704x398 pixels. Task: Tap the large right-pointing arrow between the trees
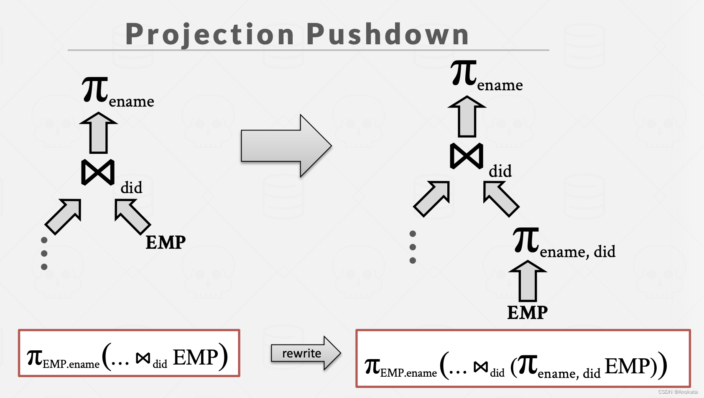click(286, 146)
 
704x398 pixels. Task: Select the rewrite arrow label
click(302, 353)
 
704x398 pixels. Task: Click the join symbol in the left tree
click(98, 172)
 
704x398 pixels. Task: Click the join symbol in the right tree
click(467, 156)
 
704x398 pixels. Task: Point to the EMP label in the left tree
click(166, 242)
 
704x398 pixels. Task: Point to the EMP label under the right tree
click(527, 312)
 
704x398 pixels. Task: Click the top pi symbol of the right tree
click(464, 73)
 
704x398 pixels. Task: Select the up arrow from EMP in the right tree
click(528, 281)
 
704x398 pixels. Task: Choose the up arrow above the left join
click(99, 133)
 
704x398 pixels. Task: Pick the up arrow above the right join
click(467, 117)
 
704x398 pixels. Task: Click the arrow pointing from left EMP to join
click(132, 216)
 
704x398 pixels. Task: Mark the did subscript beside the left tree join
click(131, 188)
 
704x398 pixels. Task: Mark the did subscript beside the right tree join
click(500, 171)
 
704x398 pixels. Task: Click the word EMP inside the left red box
click(195, 357)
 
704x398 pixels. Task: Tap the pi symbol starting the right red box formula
click(372, 366)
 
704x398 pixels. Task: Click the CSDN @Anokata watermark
click(678, 392)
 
